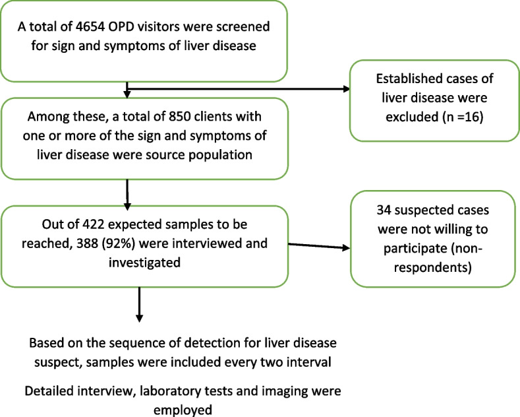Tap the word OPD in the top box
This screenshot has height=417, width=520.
pyautogui.click(x=120, y=26)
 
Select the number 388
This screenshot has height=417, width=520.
pyautogui.click(x=87, y=243)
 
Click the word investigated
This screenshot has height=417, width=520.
pyautogui.click(x=144, y=263)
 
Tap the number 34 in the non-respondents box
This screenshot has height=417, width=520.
pyautogui.click(x=384, y=210)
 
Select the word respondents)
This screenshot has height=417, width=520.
pyautogui.click(x=433, y=267)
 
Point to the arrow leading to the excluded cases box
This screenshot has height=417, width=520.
pyautogui.click(x=239, y=89)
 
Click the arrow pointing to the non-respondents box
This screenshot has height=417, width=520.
pyautogui.click(x=319, y=246)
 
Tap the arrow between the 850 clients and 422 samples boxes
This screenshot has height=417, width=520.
pyautogui.click(x=127, y=195)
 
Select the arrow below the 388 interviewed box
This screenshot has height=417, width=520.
pyautogui.click(x=139, y=304)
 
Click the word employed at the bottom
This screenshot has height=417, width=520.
pyautogui.click(x=183, y=410)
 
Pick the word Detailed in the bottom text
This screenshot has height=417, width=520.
pyautogui.click(x=49, y=391)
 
